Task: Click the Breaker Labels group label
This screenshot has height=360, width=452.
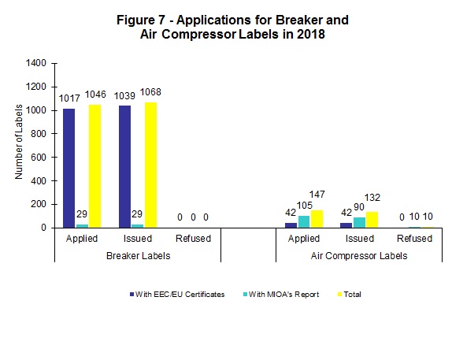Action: click(138, 256)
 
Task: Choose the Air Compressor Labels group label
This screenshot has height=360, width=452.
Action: click(359, 256)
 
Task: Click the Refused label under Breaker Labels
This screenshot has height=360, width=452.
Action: click(193, 239)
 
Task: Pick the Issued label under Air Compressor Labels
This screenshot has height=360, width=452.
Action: click(359, 239)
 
